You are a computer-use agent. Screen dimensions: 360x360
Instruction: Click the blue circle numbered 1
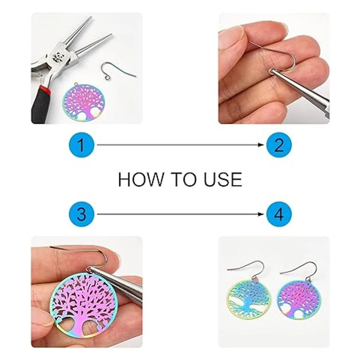[x=81, y=145]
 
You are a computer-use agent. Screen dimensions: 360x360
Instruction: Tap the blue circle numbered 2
[x=279, y=145]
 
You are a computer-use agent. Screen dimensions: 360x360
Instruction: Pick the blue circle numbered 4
[x=279, y=214]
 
